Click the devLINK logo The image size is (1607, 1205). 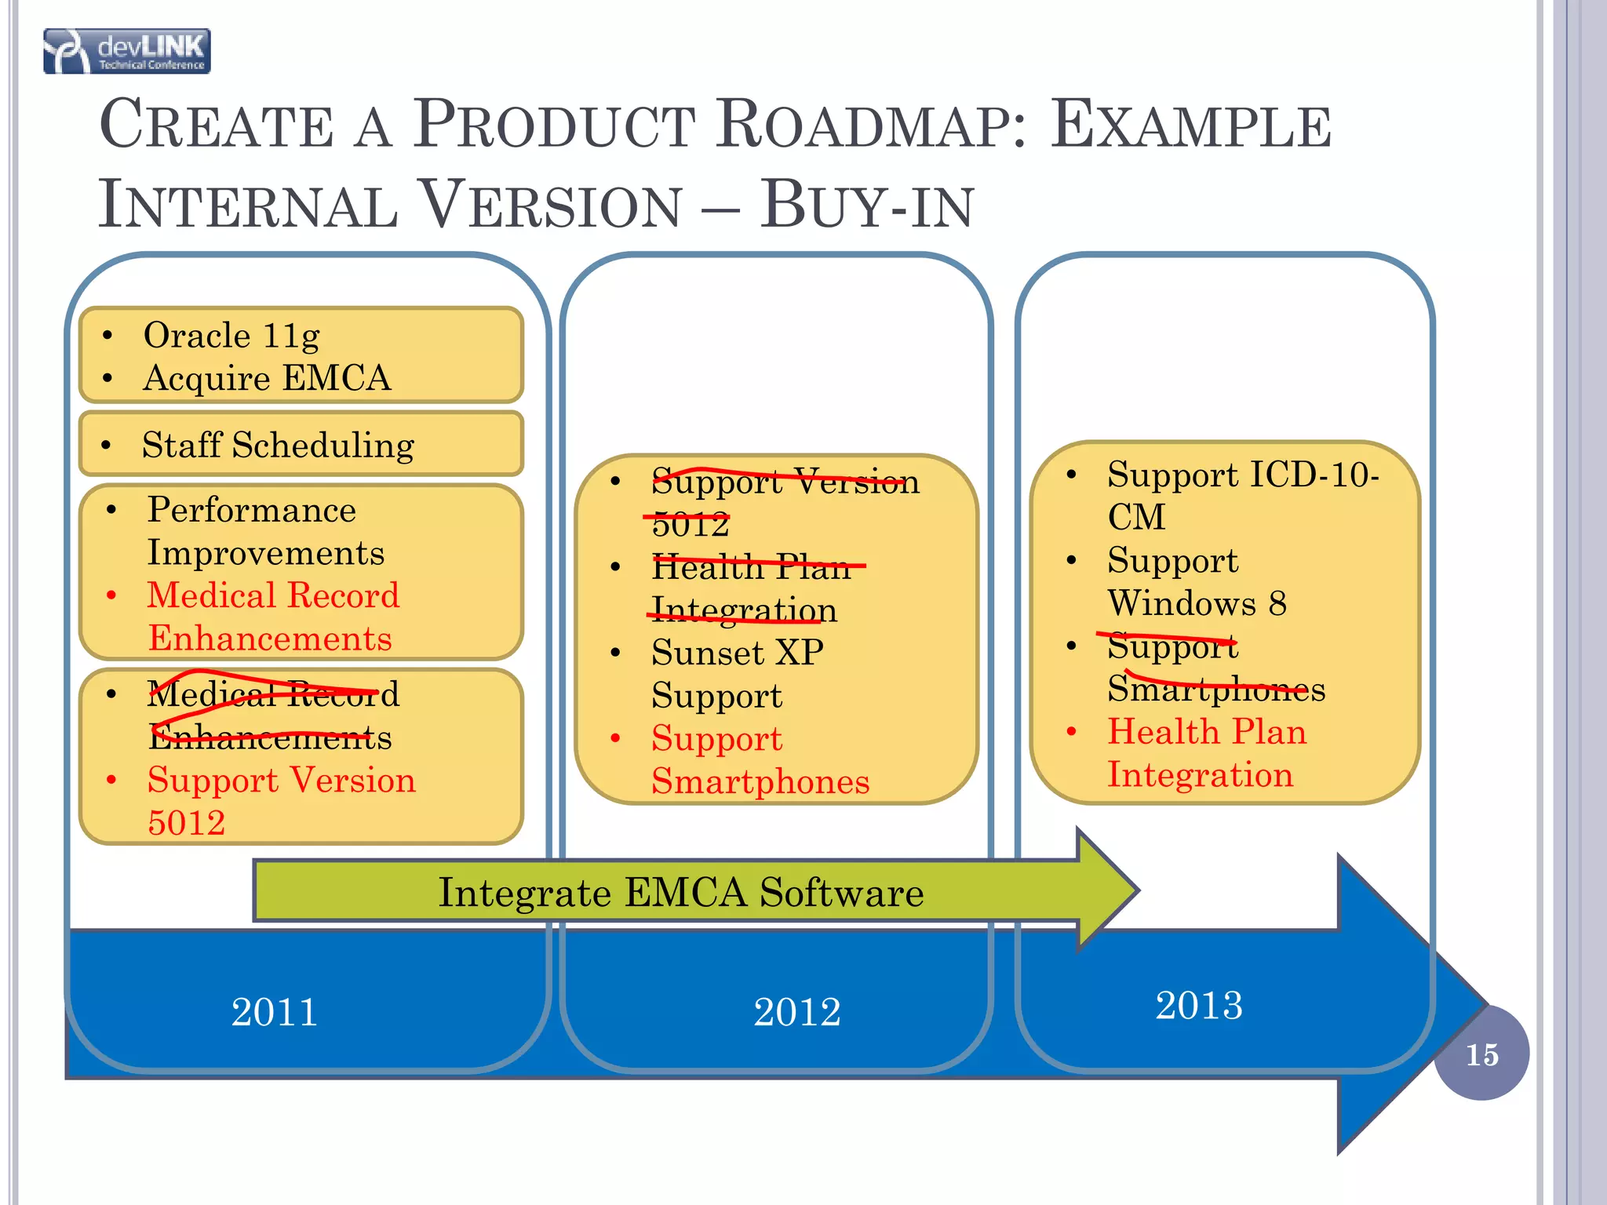[x=127, y=51]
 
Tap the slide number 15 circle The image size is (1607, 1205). [x=1481, y=1054]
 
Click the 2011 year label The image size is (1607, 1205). [x=274, y=1011]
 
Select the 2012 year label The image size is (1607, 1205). [x=796, y=1011]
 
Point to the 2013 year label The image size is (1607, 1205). [x=1198, y=1005]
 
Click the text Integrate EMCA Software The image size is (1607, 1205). [x=680, y=892]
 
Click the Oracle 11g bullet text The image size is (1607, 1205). [x=231, y=335]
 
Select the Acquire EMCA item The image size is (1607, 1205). [x=267, y=378]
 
